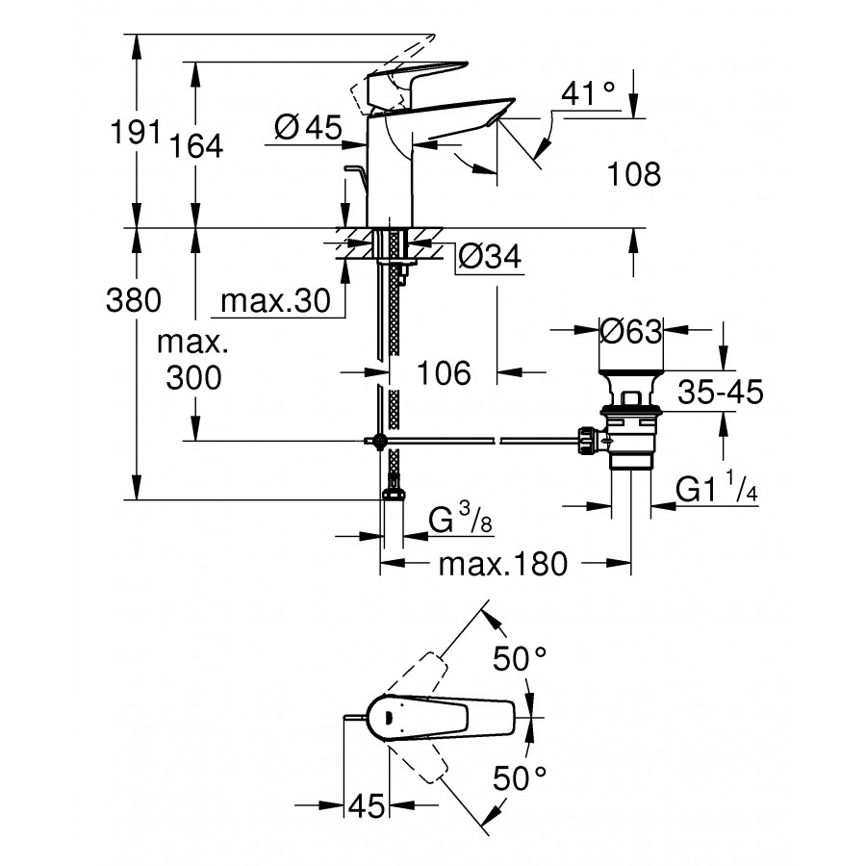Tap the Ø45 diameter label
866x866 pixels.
pyautogui.click(x=308, y=127)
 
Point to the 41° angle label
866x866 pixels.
pyautogui.click(x=589, y=93)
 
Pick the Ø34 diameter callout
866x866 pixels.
pyautogui.click(x=489, y=256)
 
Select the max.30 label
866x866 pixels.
pyautogui.click(x=269, y=302)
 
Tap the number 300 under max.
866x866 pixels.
pyautogui.click(x=192, y=378)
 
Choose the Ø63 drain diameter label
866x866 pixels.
pyautogui.click(x=630, y=332)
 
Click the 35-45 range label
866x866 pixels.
pyautogui.click(x=720, y=392)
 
